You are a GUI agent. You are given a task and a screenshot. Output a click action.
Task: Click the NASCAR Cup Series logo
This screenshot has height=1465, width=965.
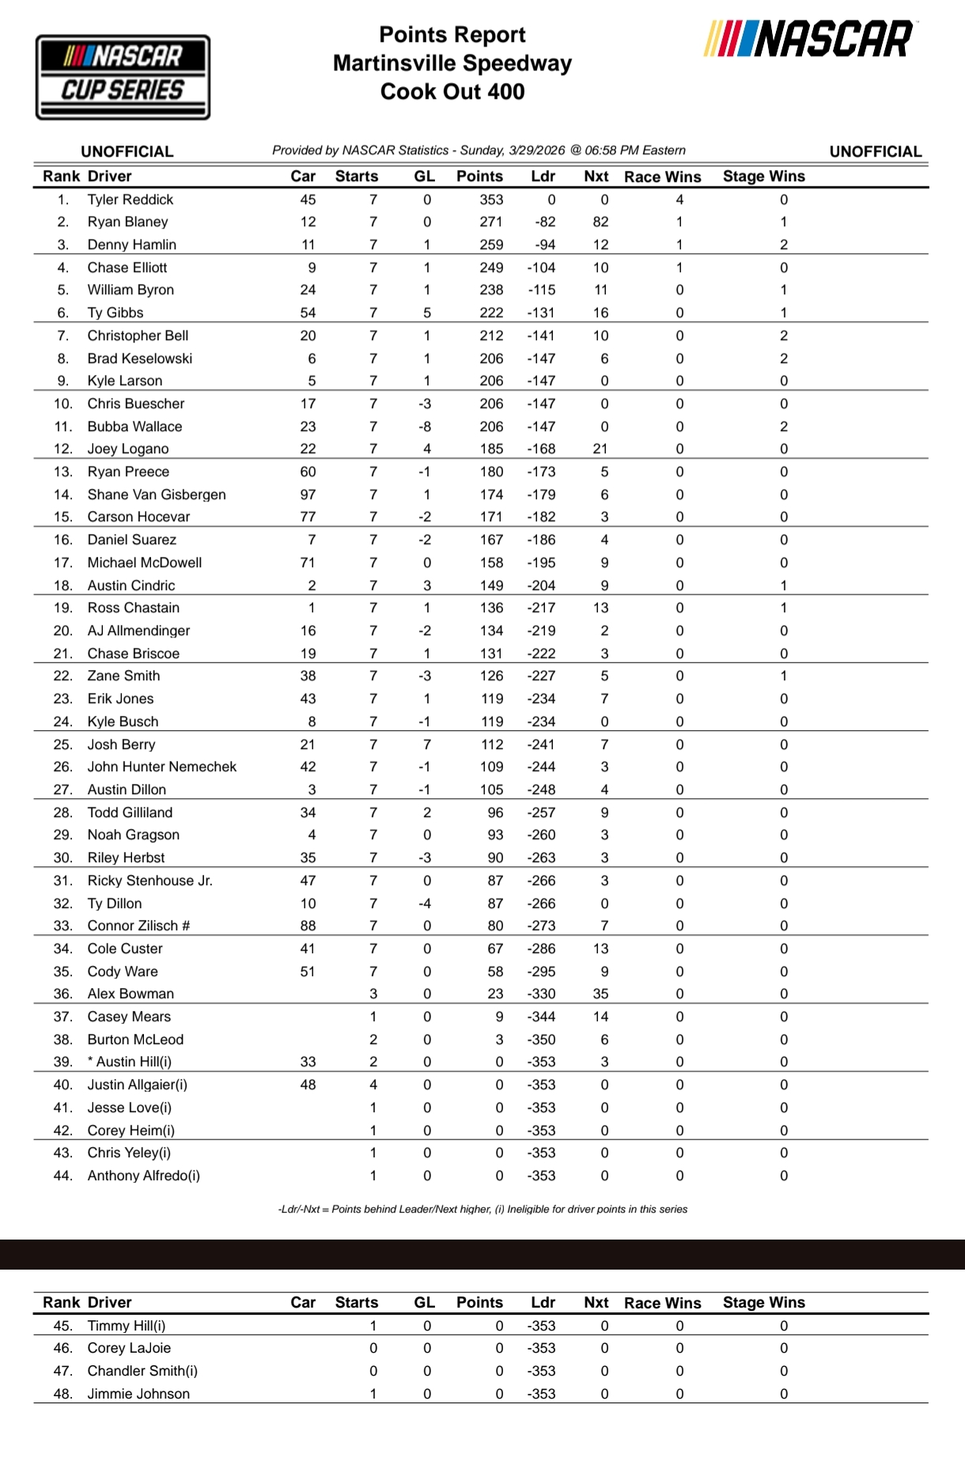[x=123, y=77]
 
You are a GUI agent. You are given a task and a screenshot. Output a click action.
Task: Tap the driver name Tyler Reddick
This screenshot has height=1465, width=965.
[x=130, y=199]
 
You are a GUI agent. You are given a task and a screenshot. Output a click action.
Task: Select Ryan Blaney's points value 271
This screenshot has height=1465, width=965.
[x=490, y=221]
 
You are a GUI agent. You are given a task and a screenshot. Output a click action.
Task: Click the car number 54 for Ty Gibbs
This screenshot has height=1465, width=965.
[x=308, y=312]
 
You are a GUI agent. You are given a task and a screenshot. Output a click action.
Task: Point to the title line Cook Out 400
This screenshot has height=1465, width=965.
[x=452, y=92]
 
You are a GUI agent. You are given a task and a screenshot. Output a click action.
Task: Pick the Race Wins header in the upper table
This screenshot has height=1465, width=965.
[x=662, y=176]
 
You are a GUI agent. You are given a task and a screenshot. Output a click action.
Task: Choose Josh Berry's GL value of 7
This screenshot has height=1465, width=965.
[x=427, y=744]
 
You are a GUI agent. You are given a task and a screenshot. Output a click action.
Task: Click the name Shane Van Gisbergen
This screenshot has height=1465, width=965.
[x=156, y=494]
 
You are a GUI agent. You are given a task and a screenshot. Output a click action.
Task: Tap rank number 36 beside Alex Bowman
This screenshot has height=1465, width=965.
[x=62, y=994]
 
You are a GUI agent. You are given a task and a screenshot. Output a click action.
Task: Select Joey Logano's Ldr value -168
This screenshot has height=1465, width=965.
[x=541, y=449]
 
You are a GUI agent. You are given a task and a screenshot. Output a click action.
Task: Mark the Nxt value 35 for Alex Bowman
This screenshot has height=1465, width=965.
[x=600, y=994]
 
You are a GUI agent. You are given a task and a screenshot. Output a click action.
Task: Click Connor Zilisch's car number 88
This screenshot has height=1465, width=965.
[x=308, y=926]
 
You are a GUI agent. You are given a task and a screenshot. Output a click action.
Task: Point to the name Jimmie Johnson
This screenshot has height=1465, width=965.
[x=138, y=1394]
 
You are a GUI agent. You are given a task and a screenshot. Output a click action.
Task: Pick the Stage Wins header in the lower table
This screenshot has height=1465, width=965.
[x=763, y=1302]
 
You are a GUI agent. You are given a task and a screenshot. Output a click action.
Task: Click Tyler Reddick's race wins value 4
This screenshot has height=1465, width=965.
[x=679, y=199]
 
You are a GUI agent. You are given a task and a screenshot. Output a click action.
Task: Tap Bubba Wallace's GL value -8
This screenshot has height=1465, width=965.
[x=425, y=426]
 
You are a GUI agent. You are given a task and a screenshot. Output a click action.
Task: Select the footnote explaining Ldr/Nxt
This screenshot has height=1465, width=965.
[x=482, y=1209]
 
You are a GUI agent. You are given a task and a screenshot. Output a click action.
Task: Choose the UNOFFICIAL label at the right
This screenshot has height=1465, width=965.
[x=875, y=151]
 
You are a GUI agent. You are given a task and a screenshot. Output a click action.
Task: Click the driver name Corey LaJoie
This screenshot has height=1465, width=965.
[x=129, y=1348]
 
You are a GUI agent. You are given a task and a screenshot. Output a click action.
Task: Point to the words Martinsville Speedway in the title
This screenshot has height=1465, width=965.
[x=452, y=63]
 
